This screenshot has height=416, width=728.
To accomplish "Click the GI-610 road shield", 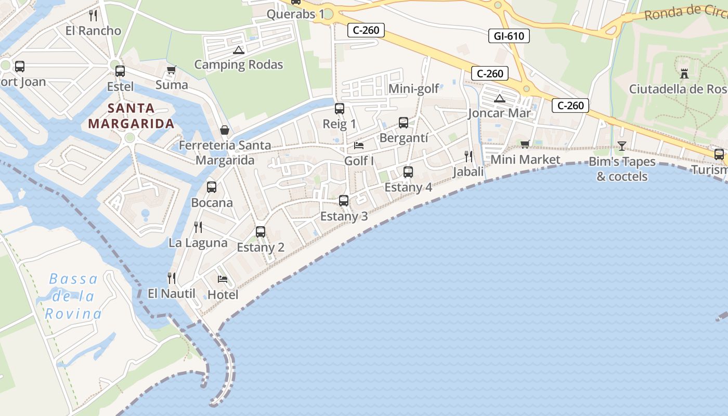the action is [x=509, y=36].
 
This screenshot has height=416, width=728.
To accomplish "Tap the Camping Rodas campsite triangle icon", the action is [x=239, y=50].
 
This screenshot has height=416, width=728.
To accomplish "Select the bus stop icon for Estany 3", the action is [x=343, y=201].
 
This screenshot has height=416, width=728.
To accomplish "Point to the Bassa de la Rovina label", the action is [x=73, y=296].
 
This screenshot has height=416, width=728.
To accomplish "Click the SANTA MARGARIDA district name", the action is [x=131, y=116].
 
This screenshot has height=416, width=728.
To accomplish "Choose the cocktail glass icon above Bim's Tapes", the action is [x=621, y=146].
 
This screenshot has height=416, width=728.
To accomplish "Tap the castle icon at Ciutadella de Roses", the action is [x=684, y=74].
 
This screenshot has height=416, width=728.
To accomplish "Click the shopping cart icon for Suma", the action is [x=171, y=70].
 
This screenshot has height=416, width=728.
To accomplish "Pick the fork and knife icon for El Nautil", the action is [x=172, y=278].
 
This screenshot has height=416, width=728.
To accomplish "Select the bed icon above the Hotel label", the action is [x=223, y=279].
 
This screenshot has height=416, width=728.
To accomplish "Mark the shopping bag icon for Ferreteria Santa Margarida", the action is [x=225, y=129].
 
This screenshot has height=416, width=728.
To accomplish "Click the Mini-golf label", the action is [x=414, y=89].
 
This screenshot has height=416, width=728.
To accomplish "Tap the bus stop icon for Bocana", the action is [x=211, y=187].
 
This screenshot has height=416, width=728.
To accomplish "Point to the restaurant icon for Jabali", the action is [x=468, y=157].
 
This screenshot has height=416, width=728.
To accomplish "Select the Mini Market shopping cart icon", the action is [x=525, y=144].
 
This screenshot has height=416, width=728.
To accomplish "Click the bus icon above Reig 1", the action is [x=340, y=109].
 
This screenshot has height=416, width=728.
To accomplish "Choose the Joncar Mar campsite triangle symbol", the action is [x=499, y=98].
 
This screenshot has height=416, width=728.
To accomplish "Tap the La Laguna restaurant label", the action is [x=198, y=243].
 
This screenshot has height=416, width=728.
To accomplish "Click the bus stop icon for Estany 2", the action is [x=261, y=232].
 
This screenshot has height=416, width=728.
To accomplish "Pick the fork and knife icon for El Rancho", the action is [x=93, y=15].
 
